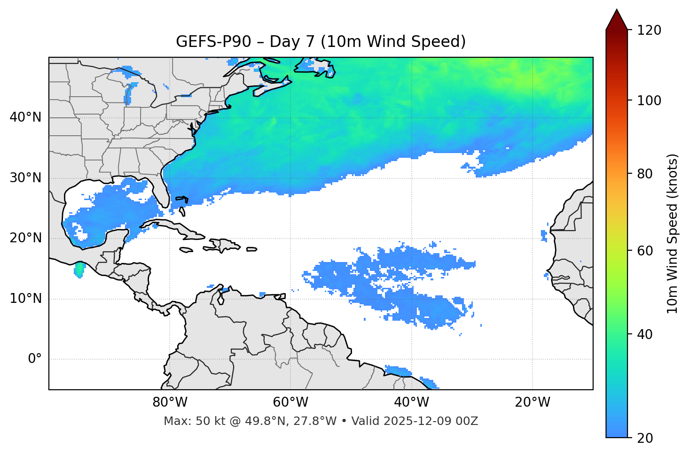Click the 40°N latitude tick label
point(25,117)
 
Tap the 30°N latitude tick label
point(25,178)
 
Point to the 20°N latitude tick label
point(25,238)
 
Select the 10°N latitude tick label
point(25,299)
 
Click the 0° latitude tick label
point(35,359)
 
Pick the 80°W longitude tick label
point(170,402)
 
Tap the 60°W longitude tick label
point(290,402)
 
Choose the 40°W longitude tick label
point(411,402)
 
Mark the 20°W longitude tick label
point(532,402)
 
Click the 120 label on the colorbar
point(649,31)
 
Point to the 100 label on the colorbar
point(649,100)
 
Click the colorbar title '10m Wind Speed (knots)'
point(673,233)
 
